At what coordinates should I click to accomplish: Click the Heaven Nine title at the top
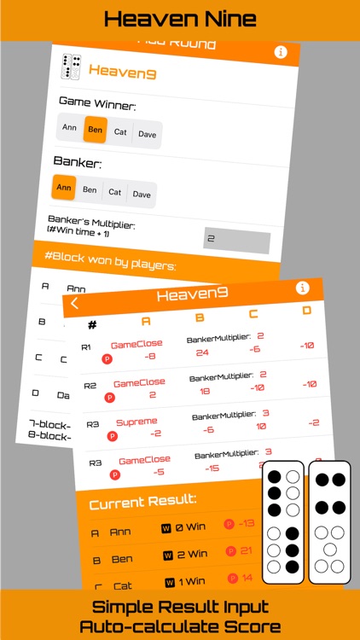180,19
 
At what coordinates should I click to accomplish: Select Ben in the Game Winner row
95,130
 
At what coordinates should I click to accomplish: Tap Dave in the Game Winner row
148,134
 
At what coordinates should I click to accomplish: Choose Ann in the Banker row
64,187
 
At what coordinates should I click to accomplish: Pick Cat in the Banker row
114,192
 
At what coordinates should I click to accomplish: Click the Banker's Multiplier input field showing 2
236,241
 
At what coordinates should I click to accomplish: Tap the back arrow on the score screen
74,302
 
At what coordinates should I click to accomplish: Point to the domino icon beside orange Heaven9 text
72,67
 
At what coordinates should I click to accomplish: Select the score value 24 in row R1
202,352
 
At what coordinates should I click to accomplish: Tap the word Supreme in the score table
136,422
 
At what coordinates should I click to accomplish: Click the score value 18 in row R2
206,391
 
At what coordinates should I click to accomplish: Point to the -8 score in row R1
150,357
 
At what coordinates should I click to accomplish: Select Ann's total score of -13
247,524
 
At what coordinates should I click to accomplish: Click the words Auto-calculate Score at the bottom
180,625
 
